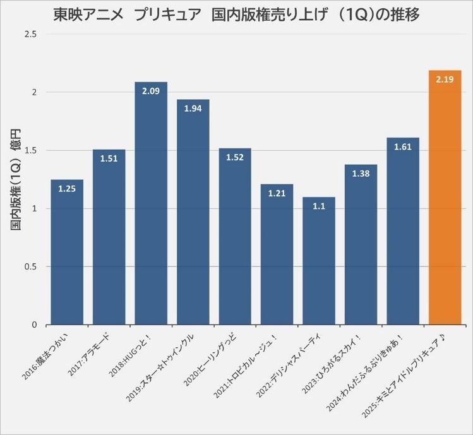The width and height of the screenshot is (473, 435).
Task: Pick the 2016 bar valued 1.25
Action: coord(67,252)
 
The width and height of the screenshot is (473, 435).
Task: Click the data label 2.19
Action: coord(445,80)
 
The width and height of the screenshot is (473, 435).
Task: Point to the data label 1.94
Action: coord(193,109)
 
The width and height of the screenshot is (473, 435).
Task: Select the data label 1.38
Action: coord(361,174)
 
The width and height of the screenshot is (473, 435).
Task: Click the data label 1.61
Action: coord(403,147)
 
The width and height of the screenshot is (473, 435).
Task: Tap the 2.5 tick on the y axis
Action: coord(30,34)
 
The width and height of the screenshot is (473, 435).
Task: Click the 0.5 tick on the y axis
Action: coord(30,266)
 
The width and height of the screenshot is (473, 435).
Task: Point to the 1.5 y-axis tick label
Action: coord(30,150)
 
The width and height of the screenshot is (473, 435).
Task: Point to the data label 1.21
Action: coord(277,193)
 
